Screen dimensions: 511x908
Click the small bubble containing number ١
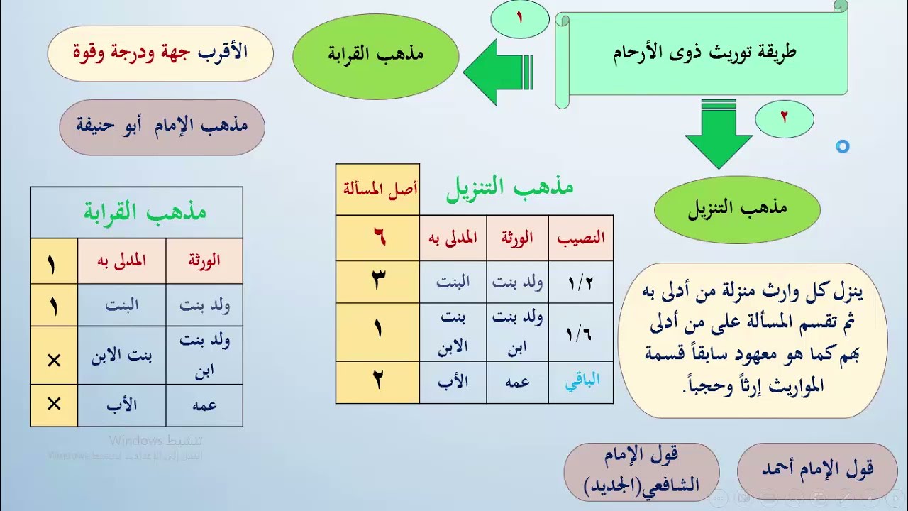[519, 19]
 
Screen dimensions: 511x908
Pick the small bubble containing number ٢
[784, 119]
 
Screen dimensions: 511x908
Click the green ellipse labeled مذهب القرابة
[375, 55]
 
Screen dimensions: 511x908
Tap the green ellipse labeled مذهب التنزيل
[737, 209]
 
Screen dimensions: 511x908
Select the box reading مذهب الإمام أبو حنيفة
[162, 127]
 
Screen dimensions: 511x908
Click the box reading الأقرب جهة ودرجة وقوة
[160, 53]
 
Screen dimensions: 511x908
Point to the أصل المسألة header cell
[377, 189]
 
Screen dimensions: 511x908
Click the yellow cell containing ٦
[377, 238]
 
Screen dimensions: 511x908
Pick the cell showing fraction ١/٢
[580, 282]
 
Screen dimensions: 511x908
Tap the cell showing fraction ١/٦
[580, 332]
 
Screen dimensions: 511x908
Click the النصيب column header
[581, 238]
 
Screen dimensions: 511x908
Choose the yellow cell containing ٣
[377, 282]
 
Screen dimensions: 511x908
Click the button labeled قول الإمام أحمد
[817, 469]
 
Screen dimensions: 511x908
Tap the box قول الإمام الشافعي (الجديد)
[641, 471]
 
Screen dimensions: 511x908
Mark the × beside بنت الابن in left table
[54, 361]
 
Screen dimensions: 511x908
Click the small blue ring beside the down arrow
[842, 147]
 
